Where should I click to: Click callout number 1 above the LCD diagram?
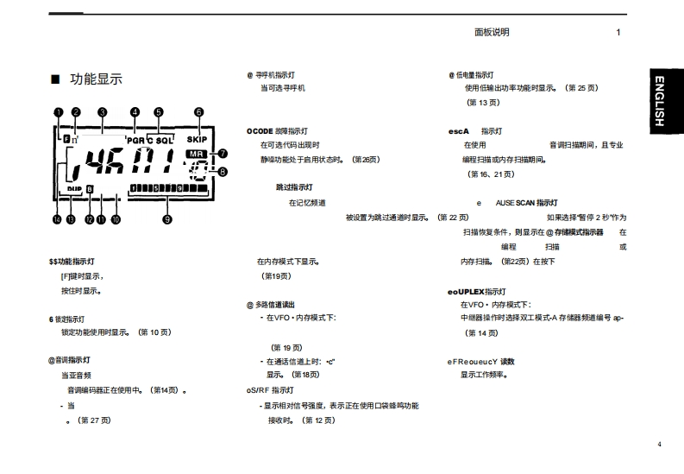(x=58, y=111)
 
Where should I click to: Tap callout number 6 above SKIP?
(x=198, y=111)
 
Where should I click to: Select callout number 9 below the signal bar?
(x=167, y=219)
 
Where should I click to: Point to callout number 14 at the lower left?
(x=57, y=219)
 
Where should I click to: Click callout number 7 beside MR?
(x=223, y=154)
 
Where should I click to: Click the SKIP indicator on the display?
(x=198, y=138)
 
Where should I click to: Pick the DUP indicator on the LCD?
(x=74, y=187)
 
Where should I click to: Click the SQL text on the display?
(x=164, y=139)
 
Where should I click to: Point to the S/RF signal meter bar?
(x=168, y=188)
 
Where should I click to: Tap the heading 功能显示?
(x=96, y=79)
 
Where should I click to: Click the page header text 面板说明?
(x=492, y=33)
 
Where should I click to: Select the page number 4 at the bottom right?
(x=658, y=445)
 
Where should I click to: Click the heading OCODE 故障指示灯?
(x=278, y=131)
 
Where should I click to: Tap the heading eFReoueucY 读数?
(x=480, y=361)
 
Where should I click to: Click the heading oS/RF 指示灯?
(x=270, y=390)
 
